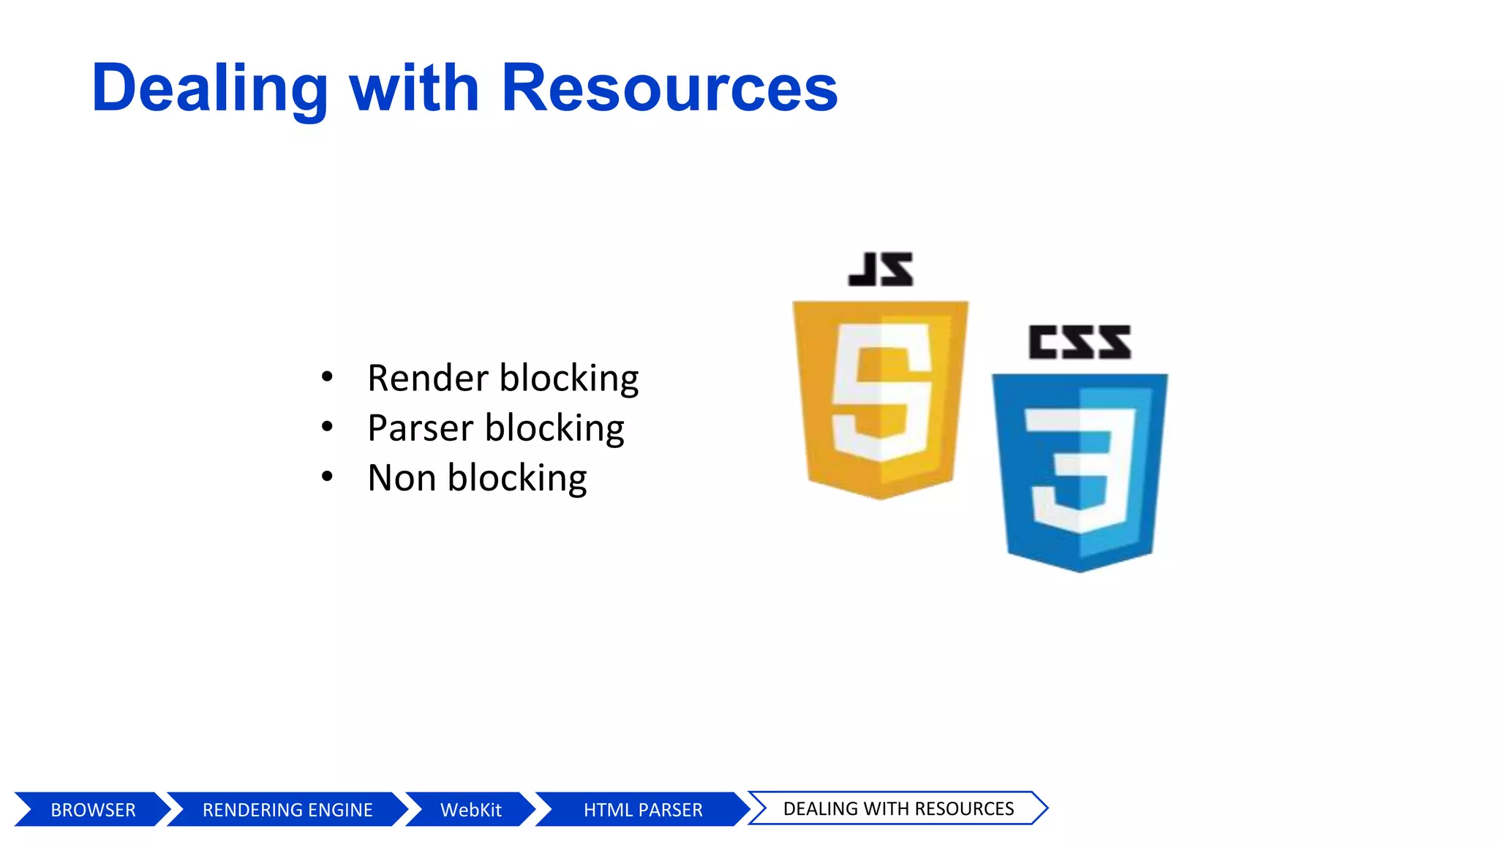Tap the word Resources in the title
(669, 89)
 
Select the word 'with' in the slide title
(414, 89)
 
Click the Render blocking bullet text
(503, 379)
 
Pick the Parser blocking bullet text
(495, 428)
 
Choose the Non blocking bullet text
(477, 478)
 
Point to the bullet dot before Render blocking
(327, 377)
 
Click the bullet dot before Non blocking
(327, 477)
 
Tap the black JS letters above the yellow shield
(881, 270)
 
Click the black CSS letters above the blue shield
(1080, 343)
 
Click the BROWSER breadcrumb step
(93, 810)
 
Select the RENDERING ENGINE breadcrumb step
(287, 810)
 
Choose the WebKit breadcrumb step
(470, 810)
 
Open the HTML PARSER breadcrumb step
(643, 810)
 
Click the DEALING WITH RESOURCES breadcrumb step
(898, 808)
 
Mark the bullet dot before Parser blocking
(327, 427)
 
